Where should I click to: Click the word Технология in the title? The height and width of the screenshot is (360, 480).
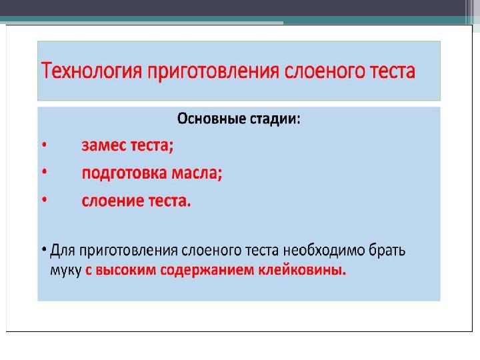(x=91, y=71)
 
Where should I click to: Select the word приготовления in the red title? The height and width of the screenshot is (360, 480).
(x=213, y=72)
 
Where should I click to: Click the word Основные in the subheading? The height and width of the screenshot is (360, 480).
(x=211, y=119)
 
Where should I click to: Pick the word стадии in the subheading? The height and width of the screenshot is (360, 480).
(x=275, y=119)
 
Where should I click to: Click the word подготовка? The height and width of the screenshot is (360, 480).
(x=125, y=173)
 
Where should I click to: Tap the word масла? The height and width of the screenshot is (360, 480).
(x=197, y=173)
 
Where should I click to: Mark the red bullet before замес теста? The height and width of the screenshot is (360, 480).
(x=45, y=145)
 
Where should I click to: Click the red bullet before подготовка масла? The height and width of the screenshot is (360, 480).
(x=45, y=172)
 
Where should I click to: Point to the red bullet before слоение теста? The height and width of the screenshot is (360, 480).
(x=45, y=199)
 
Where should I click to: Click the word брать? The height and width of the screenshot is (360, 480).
(x=387, y=250)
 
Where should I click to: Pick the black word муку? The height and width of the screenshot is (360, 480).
(x=65, y=271)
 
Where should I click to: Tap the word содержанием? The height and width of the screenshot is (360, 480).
(x=207, y=271)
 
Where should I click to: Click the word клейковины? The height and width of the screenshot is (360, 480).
(x=302, y=270)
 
